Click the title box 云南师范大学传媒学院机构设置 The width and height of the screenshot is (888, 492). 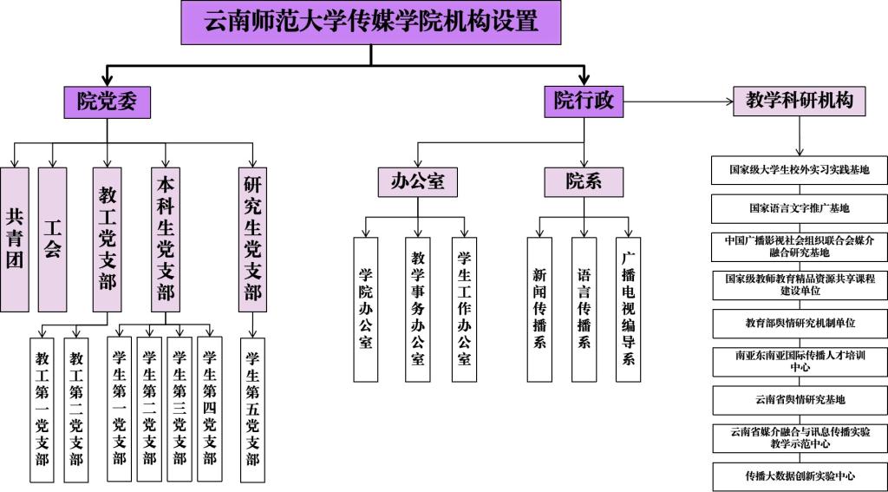[x=371, y=22]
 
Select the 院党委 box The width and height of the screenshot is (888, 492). [x=107, y=102]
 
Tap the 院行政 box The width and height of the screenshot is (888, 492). [x=584, y=102]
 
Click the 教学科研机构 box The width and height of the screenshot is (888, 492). [x=800, y=102]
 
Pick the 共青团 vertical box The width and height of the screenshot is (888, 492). [x=14, y=239]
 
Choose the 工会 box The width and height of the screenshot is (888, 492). [x=53, y=239]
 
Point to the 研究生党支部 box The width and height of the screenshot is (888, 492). [x=252, y=239]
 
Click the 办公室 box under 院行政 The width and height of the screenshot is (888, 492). [x=417, y=182]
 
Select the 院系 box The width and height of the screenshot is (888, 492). [x=584, y=182]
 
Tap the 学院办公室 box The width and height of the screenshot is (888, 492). [x=366, y=308]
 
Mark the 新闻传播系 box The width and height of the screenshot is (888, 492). [x=539, y=308]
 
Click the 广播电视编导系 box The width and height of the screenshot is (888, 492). [x=629, y=308]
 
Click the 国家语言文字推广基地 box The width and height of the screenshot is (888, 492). [x=800, y=208]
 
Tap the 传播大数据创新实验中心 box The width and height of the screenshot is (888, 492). [x=800, y=476]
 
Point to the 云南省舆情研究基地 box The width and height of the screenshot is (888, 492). [x=800, y=400]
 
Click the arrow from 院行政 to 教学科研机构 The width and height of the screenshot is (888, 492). [x=676, y=102]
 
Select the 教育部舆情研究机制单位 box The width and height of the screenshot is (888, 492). [x=800, y=323]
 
